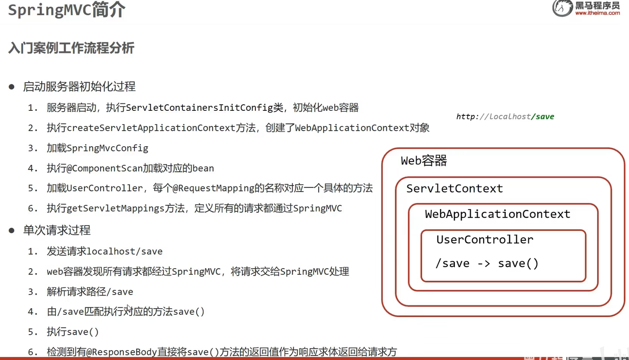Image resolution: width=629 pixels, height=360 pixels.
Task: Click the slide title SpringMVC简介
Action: pyautogui.click(x=67, y=11)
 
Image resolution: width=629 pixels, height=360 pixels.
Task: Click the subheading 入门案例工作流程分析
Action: pyautogui.click(x=71, y=48)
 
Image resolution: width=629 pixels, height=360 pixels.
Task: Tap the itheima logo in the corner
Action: pyautogui.click(x=586, y=9)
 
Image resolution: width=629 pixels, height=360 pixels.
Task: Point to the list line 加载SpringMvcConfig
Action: pyautogui.click(x=97, y=148)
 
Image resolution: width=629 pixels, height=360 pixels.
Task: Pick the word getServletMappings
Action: pyautogui.click(x=116, y=209)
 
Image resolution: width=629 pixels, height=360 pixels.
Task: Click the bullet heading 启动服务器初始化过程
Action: pyautogui.click(x=79, y=87)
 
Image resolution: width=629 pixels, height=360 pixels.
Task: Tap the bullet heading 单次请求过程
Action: pyautogui.click(x=57, y=230)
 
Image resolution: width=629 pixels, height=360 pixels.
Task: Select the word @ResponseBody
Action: pyautogui.click(x=125, y=352)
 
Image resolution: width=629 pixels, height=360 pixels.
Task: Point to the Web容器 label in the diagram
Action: pyautogui.click(x=424, y=161)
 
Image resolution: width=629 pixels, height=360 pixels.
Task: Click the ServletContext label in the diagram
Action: pyautogui.click(x=454, y=189)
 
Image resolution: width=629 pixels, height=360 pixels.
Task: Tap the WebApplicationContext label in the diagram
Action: pyautogui.click(x=497, y=214)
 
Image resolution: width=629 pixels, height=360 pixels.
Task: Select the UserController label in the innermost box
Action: pyautogui.click(x=485, y=240)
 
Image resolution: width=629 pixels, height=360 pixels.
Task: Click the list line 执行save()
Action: pyautogui.click(x=73, y=332)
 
